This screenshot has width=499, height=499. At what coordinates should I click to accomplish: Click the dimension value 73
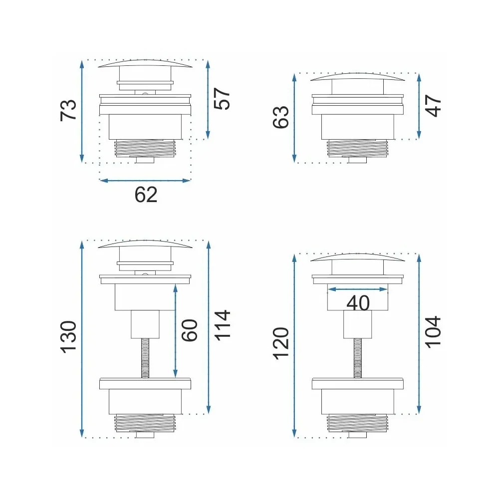pos(69,110)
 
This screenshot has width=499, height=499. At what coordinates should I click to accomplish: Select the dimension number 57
pos(222,99)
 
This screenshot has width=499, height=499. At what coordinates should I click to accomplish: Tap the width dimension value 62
pos(146,195)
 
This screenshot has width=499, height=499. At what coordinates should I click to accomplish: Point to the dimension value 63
pos(281,117)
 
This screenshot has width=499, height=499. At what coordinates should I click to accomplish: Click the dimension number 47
pos(434,106)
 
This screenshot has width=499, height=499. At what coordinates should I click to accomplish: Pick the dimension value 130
pos(69,337)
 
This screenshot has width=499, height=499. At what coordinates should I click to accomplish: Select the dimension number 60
pos(190,330)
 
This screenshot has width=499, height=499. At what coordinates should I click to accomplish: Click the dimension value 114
pos(222,325)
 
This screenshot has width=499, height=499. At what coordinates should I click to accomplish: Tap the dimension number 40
pos(358,303)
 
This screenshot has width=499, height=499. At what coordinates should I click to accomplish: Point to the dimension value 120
pos(281,343)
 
